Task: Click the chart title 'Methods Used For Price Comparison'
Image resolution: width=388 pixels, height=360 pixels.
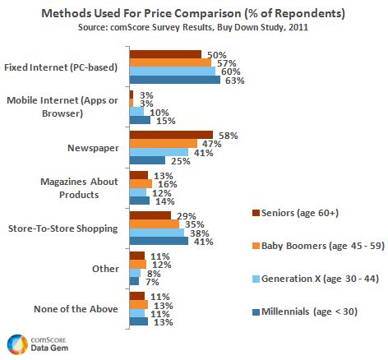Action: [194, 15]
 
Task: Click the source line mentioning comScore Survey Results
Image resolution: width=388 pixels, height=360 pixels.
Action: [194, 29]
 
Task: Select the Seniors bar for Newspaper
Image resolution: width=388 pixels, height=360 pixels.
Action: [171, 133]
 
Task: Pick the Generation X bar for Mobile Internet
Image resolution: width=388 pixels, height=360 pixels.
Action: [136, 111]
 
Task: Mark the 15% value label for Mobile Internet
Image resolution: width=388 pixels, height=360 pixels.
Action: [163, 120]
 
